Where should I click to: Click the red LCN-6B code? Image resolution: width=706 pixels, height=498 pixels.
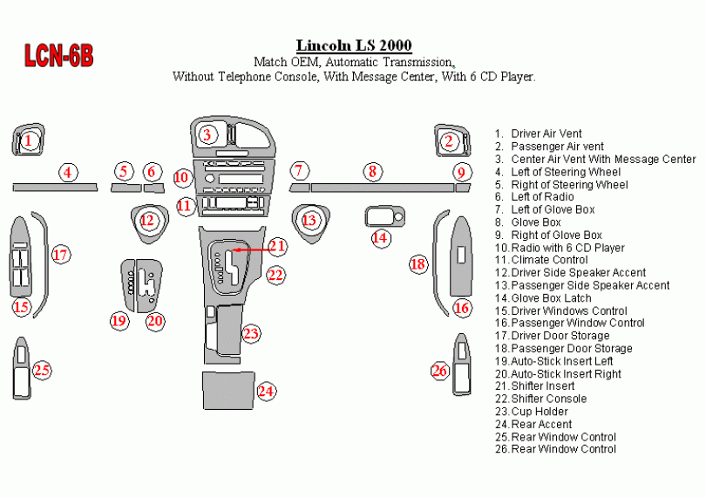coord(58,57)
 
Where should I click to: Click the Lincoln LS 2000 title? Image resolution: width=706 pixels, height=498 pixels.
coord(354,45)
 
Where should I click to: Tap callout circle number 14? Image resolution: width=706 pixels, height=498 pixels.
coord(379,237)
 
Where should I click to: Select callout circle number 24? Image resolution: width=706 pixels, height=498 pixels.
coord(266,391)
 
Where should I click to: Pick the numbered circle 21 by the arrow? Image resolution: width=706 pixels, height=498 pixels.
coord(277,247)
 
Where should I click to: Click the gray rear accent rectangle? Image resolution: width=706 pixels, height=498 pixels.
coord(227,390)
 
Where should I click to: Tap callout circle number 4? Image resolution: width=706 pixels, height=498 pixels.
coord(67,172)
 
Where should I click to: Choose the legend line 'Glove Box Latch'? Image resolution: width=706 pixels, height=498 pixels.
coord(551,298)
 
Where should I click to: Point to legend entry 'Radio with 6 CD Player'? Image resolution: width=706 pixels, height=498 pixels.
coord(567,248)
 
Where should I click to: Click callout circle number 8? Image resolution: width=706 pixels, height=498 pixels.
coord(373,172)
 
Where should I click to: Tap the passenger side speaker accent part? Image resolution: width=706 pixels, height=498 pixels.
coord(309,219)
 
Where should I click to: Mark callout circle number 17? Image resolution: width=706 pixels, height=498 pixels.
coord(60,255)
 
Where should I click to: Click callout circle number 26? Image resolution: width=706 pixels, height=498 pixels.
coord(440,371)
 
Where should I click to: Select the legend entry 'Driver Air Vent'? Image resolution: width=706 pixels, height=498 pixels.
coord(546,134)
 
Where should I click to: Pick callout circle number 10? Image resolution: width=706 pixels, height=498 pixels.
coord(181,178)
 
